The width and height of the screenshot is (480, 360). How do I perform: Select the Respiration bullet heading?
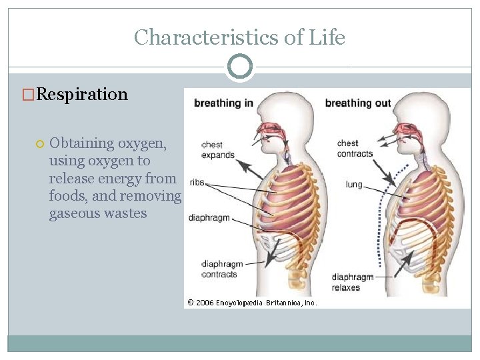click(82, 94)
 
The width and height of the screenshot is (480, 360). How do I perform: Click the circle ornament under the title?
click(239, 67)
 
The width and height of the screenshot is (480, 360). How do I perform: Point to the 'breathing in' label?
click(223, 103)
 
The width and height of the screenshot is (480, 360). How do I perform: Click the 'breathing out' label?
click(357, 103)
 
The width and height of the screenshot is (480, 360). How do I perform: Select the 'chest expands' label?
click(218, 149)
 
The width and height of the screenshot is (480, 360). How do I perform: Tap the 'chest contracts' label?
click(355, 148)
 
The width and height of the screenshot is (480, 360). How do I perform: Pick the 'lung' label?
click(354, 184)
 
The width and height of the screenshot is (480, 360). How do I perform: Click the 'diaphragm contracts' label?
click(221, 269)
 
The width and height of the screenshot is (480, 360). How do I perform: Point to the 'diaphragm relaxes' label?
click(352, 282)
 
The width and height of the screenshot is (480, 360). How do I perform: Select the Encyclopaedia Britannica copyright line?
click(252, 302)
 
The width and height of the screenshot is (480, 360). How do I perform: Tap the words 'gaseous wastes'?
click(98, 214)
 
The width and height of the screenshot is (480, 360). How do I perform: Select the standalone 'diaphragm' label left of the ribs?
click(210, 217)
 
